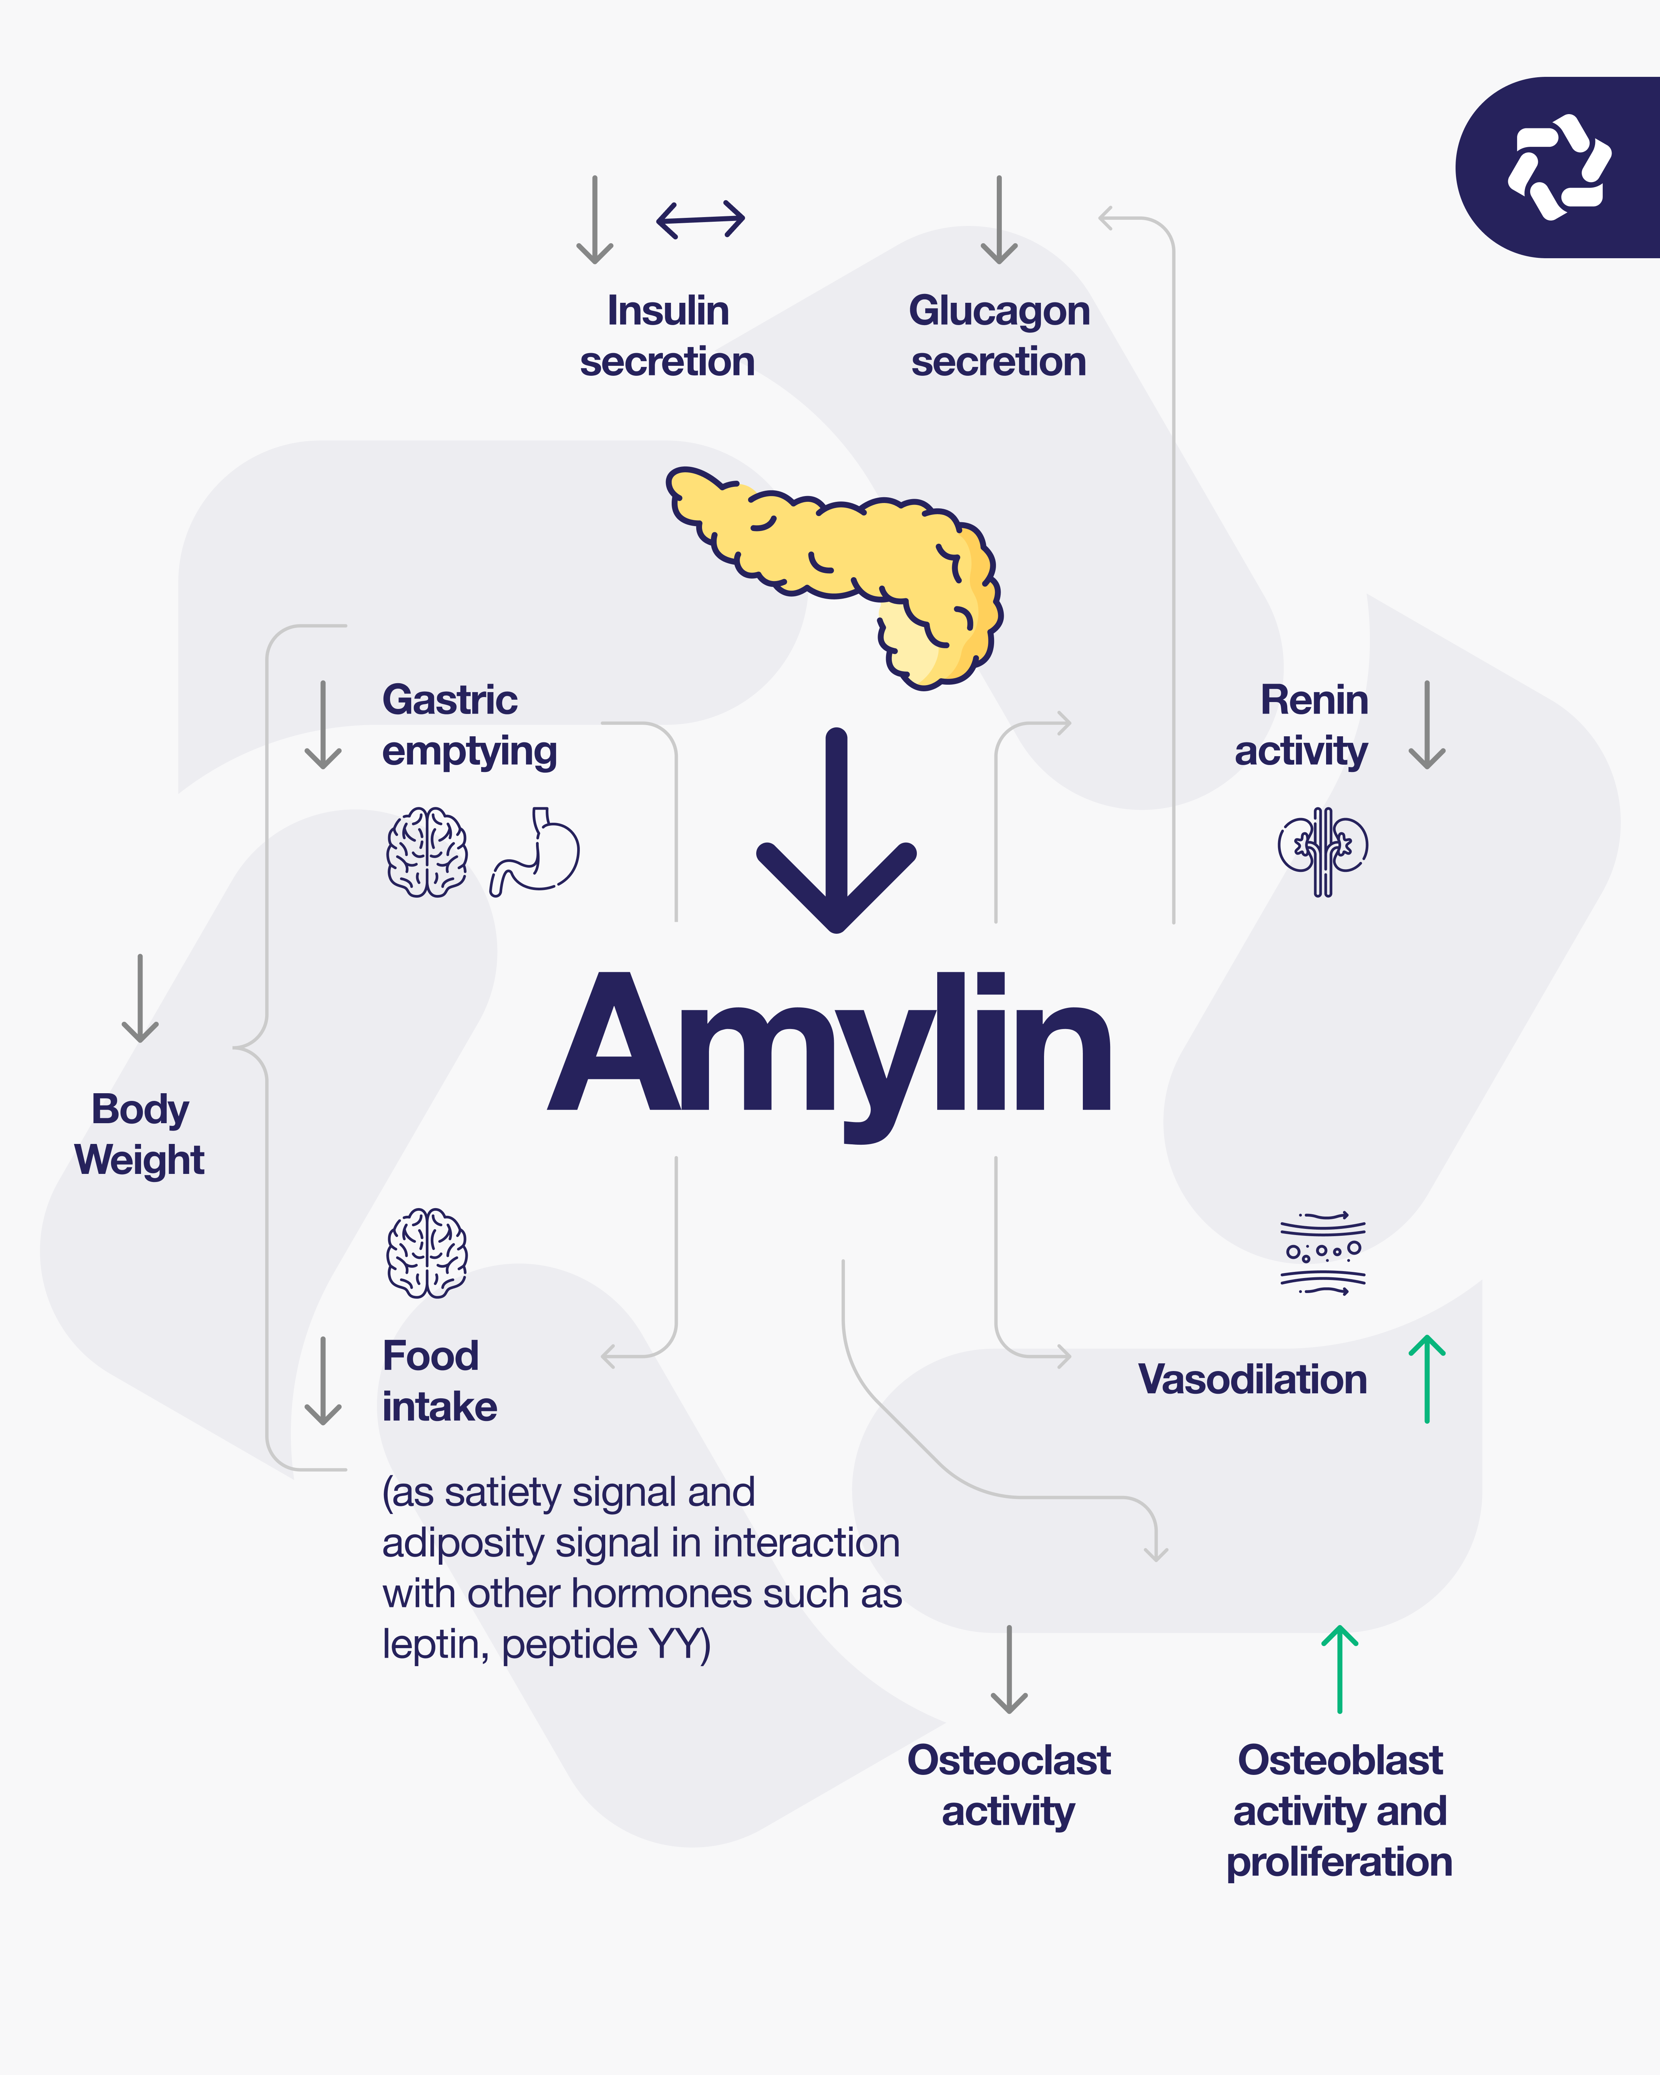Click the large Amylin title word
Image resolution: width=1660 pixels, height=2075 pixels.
point(830,1044)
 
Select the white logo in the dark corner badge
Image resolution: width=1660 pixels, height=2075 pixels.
point(1559,166)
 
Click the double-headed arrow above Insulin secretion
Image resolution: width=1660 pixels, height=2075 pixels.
point(701,219)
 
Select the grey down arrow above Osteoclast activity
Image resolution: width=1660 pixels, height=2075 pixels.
point(1009,1670)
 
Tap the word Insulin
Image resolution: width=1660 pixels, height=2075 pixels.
point(668,311)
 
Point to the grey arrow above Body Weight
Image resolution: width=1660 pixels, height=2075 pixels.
point(141,999)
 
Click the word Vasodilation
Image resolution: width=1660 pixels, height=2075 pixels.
point(1252,1379)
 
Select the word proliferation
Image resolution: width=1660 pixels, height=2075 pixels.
point(1339,1862)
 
